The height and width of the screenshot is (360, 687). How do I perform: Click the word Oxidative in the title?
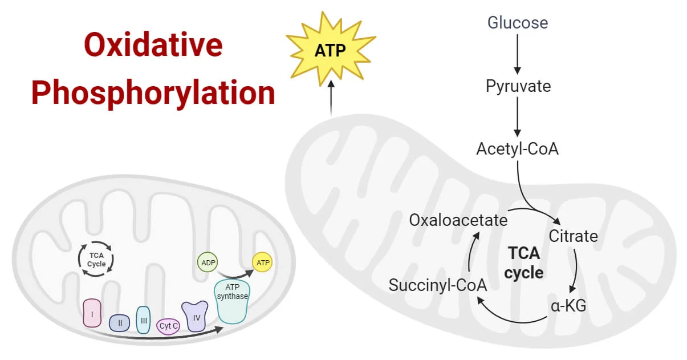153,45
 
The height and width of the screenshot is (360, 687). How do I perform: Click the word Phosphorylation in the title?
153,92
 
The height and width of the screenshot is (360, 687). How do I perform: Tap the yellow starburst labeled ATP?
331,51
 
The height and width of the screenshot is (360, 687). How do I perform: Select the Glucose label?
517,23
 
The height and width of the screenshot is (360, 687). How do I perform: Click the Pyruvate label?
518,86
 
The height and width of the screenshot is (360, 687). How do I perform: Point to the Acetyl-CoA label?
517,149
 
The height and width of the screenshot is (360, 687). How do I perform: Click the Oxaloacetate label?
458,220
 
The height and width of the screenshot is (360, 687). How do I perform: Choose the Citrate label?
573,235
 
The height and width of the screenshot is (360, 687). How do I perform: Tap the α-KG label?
568,306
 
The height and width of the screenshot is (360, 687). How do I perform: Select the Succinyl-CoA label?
437,285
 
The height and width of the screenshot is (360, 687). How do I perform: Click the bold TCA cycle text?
523,262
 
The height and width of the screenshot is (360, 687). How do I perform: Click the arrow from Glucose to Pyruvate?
517,54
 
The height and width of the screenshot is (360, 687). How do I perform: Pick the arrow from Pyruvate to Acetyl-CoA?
517,117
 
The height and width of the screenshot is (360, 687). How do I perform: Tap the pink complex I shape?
91,313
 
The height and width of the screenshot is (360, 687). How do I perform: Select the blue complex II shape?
120,323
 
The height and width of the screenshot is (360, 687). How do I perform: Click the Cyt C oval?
169,326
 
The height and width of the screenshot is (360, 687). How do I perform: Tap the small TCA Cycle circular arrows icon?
96,260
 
